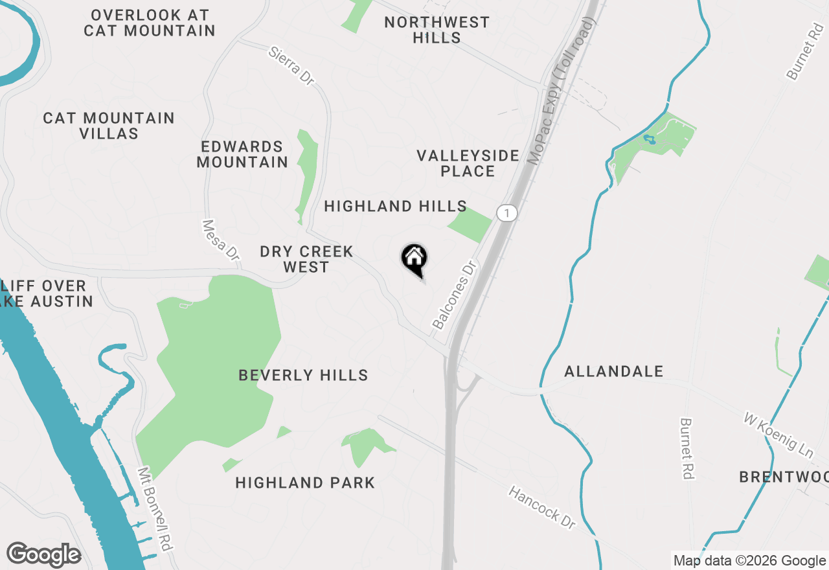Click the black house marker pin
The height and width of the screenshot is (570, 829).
click(414, 260)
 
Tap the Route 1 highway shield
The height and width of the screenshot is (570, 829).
click(507, 212)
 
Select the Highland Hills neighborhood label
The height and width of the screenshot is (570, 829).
click(395, 207)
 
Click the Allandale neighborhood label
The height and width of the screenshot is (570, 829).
click(613, 371)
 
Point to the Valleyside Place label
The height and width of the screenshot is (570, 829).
click(468, 163)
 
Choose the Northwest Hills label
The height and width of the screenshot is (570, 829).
click(437, 30)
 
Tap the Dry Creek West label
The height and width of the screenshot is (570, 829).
click(306, 259)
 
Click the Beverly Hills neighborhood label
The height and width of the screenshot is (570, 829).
click(303, 375)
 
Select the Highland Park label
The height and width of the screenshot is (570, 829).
click(305, 483)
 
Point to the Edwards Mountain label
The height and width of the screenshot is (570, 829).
click(242, 154)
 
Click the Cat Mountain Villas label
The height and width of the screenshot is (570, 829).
click(109, 126)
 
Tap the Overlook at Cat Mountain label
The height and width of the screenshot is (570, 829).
click(150, 23)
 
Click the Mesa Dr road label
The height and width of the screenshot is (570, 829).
click(221, 240)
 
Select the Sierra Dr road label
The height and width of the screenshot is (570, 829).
click(291, 65)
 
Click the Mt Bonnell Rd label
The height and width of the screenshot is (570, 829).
click(155, 509)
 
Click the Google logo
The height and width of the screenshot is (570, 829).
click(43, 555)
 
